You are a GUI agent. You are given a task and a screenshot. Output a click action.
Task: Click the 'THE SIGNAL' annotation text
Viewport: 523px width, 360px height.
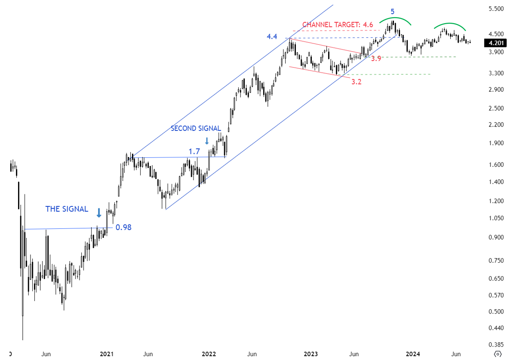[67, 209]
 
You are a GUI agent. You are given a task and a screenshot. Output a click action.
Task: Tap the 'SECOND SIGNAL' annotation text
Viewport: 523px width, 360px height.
[196, 128]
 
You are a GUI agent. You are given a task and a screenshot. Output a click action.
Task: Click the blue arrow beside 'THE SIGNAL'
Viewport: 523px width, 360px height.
[99, 212]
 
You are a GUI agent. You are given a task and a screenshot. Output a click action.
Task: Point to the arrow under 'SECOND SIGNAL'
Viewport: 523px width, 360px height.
[207, 141]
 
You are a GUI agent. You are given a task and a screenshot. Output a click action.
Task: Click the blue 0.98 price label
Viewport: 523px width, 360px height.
[123, 228]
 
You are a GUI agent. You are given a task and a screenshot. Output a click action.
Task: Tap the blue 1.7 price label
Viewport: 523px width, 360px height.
[194, 151]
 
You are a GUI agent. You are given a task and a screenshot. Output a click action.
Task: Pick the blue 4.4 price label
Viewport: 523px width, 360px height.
[272, 37]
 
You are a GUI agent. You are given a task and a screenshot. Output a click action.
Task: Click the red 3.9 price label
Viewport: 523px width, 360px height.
[376, 58]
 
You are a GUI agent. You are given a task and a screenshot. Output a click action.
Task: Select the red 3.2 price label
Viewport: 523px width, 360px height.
[356, 82]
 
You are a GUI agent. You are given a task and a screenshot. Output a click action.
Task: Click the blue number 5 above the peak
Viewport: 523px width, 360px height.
[392, 12]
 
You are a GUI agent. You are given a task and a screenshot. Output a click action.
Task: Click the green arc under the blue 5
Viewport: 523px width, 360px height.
[394, 18]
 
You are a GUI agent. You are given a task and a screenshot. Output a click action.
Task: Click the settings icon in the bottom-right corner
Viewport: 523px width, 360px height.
[498, 354]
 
